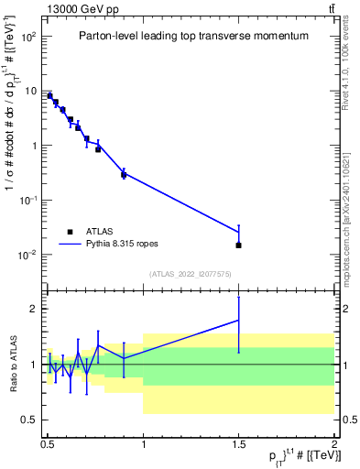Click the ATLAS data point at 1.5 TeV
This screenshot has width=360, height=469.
click(238, 245)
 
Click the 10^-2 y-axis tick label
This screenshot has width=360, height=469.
click(29, 255)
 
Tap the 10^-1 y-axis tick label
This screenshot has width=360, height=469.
click(29, 201)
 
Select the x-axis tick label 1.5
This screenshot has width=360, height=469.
click(238, 442)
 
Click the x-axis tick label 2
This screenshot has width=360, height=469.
click(334, 442)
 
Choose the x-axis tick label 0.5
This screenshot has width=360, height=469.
click(47, 442)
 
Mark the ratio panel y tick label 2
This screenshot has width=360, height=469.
click(35, 310)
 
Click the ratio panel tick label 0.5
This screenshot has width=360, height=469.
click(31, 420)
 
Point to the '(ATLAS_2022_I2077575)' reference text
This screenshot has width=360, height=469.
click(190, 274)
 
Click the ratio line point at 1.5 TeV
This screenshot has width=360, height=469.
click(238, 321)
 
